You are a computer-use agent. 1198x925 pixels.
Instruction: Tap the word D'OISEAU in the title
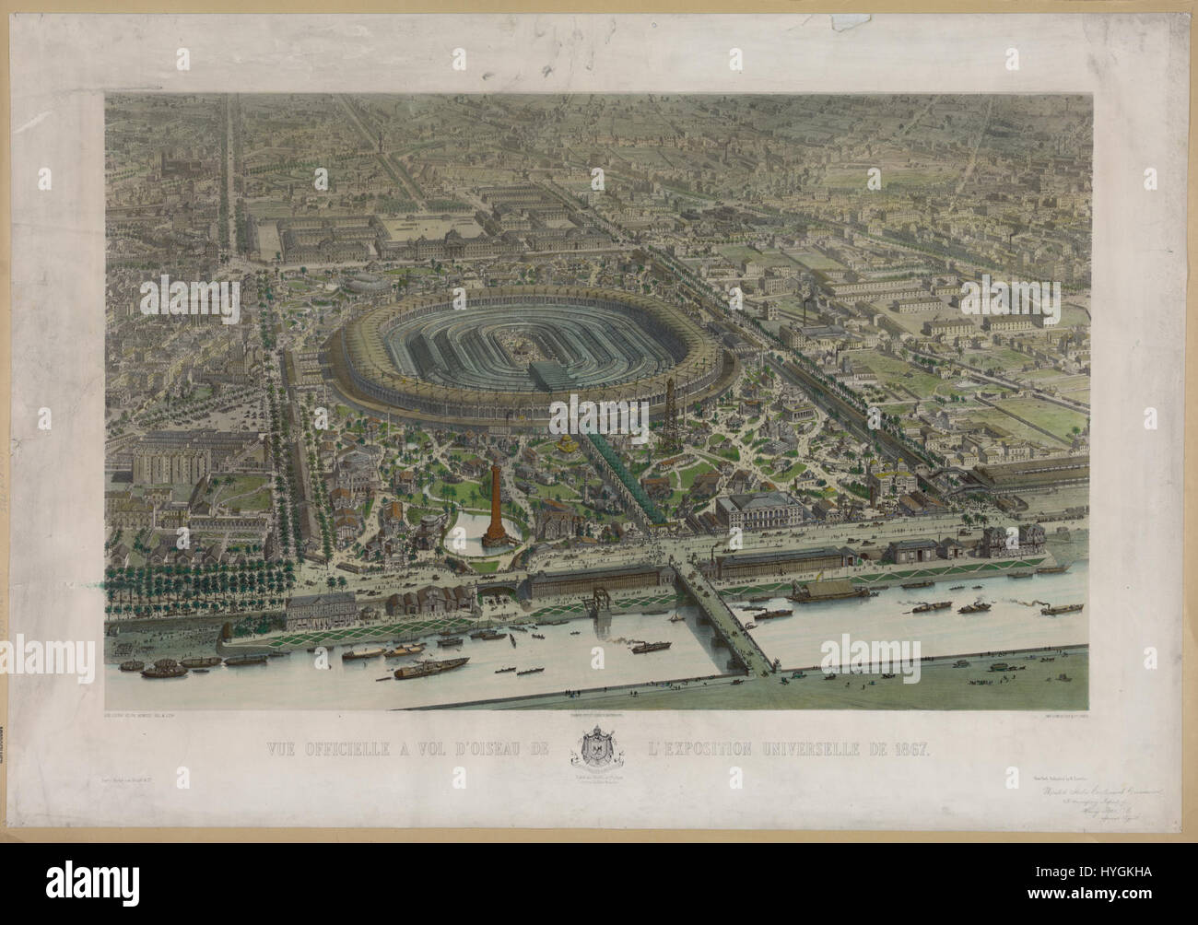tap(510, 748)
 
